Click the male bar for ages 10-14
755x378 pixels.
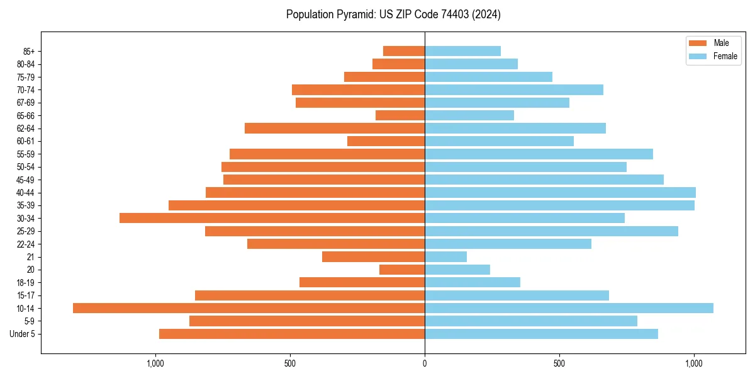pyautogui.click(x=249, y=308)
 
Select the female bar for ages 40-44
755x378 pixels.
pyautogui.click(x=560, y=192)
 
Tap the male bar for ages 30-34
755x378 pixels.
pyautogui.click(x=272, y=218)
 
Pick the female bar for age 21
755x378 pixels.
pyautogui.click(x=445, y=256)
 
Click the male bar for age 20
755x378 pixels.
pyautogui.click(x=402, y=270)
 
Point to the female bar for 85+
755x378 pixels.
pyautogui.click(x=462, y=51)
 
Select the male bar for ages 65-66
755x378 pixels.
pyautogui.click(x=400, y=115)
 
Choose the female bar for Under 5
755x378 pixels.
pyautogui.click(x=541, y=334)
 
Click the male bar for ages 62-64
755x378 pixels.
pyautogui.click(x=335, y=128)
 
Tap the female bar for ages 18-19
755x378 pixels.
pyautogui.click(x=473, y=282)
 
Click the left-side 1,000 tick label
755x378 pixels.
pyautogui.click(x=155, y=364)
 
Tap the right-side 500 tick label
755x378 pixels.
pyautogui.click(x=559, y=364)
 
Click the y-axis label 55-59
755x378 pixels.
pyautogui.click(x=26, y=154)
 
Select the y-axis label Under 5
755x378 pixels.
pyautogui.click(x=23, y=334)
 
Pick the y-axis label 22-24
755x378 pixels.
pyautogui.click(x=26, y=244)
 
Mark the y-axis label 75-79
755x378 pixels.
pyautogui.click(x=26, y=77)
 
